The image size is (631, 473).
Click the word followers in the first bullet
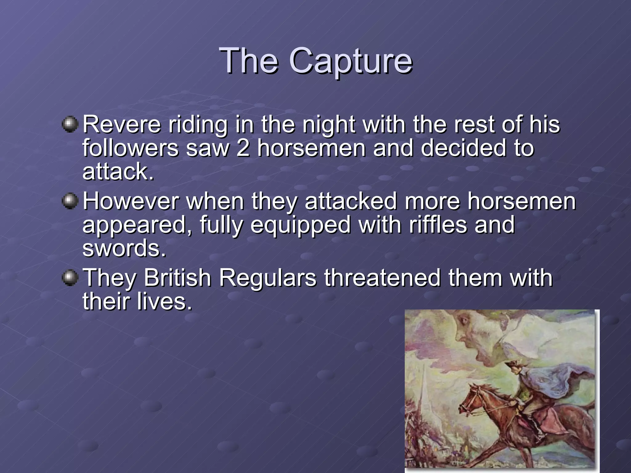coord(130,148)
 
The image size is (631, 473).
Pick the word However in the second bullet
coord(131,202)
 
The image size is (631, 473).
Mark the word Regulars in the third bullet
coord(267,278)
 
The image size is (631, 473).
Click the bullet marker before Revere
coord(70,125)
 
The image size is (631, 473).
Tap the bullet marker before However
coord(70,201)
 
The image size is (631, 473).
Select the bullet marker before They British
coord(70,278)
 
